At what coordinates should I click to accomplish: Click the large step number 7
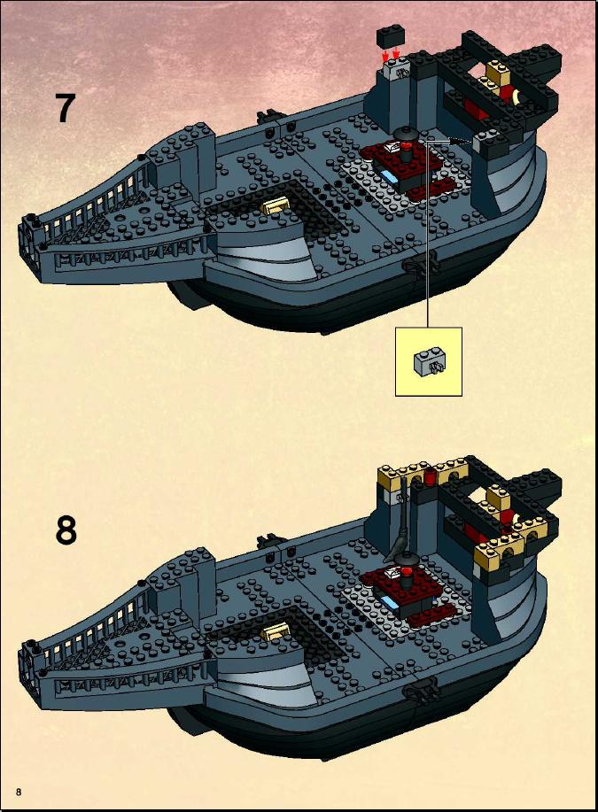[x=66, y=108]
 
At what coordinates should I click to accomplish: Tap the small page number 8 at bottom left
[x=19, y=792]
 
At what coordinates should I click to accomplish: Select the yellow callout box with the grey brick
[x=428, y=361]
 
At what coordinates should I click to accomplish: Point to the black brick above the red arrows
[x=390, y=37]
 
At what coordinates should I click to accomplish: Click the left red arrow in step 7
[x=385, y=55]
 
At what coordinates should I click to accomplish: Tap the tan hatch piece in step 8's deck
[x=276, y=631]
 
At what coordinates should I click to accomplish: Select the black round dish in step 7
[x=405, y=133]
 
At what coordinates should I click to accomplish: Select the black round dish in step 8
[x=405, y=558]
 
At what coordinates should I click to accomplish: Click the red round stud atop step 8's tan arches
[x=430, y=476]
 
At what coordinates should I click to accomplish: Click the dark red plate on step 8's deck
[x=407, y=587]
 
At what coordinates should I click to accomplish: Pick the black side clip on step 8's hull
[x=420, y=689]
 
